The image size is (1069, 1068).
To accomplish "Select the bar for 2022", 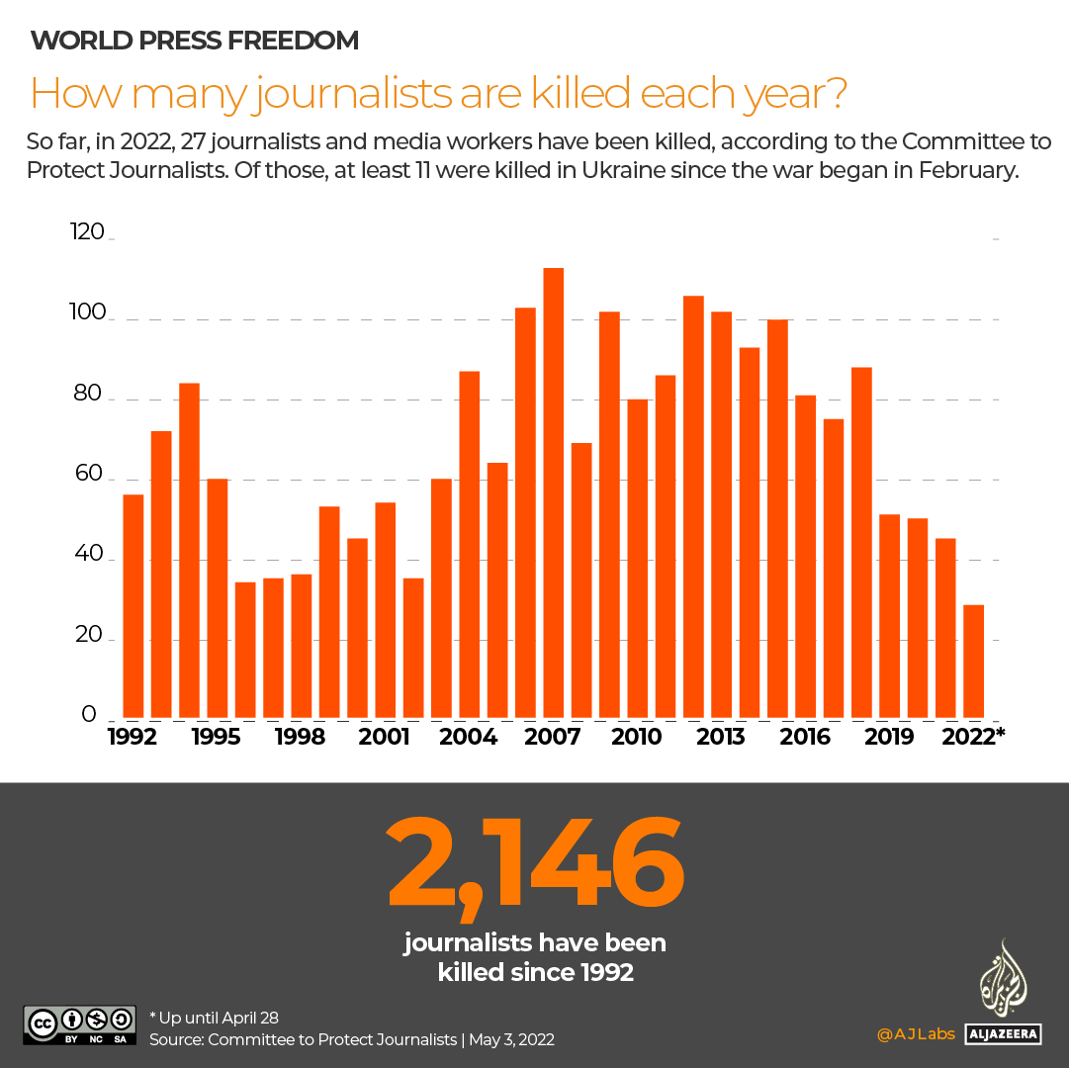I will coord(974,662).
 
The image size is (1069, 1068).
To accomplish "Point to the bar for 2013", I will coord(722,515).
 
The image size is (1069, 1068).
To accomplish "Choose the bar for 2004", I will coord(470,545).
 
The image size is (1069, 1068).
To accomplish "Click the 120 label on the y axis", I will coord(87,233).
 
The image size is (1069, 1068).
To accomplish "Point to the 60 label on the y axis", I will coord(87,474).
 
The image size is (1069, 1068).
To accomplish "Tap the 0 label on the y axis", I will coord(89,714).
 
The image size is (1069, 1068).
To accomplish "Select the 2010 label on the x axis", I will coord(637,738).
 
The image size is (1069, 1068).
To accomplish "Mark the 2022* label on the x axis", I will coord(974,738).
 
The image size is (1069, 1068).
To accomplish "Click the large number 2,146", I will coord(535,863).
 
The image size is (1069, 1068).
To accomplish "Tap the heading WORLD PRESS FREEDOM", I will coord(195,41).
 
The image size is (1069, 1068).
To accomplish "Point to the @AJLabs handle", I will coord(916,1034).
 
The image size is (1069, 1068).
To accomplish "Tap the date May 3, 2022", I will coord(511,1039).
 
